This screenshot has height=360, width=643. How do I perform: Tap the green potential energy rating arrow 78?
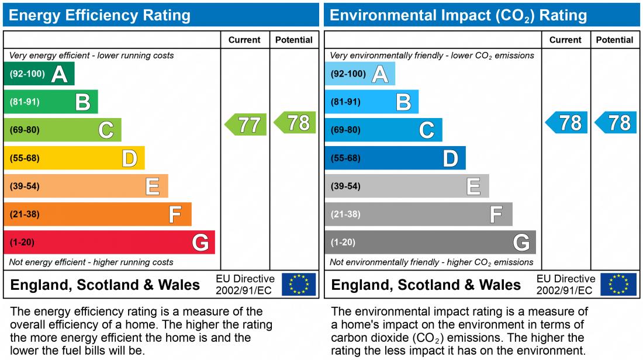tap(296, 123)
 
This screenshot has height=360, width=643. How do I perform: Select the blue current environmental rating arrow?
tap(567, 123)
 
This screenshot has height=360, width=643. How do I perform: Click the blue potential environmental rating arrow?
tap(616, 123)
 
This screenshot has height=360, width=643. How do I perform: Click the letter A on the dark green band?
tap(59, 74)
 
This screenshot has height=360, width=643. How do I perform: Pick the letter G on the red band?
tap(200, 243)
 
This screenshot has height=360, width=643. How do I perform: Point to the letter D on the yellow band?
tap(129, 158)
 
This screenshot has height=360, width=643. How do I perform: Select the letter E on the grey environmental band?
tap(473, 186)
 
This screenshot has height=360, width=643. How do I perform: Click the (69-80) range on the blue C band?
tap(345, 130)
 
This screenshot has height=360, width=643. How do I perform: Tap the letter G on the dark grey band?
tap(521, 243)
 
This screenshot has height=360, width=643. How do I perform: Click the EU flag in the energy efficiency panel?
tap(299, 285)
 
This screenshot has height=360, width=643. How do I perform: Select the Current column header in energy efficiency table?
tap(244, 40)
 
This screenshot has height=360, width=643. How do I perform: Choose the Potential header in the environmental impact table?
tap(614, 40)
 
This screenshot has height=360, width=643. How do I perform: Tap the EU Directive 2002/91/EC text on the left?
tap(245, 285)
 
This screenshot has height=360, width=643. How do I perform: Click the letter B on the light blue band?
tap(404, 102)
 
